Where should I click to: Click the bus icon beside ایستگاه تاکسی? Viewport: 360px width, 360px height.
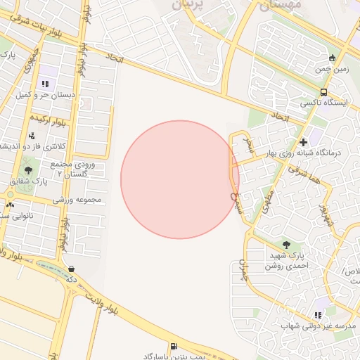323,91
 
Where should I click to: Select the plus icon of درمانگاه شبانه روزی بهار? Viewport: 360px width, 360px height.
303,142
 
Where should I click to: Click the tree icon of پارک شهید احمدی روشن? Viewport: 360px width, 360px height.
285,244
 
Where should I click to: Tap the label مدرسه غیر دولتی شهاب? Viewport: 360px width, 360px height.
316,326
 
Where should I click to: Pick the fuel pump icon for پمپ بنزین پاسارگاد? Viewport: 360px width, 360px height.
174,346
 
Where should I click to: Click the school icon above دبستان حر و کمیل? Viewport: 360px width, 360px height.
46,84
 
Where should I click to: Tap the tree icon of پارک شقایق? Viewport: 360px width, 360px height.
28,170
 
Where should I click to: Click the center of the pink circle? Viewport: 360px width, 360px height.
180,179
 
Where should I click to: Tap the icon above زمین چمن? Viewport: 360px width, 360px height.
333,58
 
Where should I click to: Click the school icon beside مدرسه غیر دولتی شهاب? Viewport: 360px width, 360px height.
319,315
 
